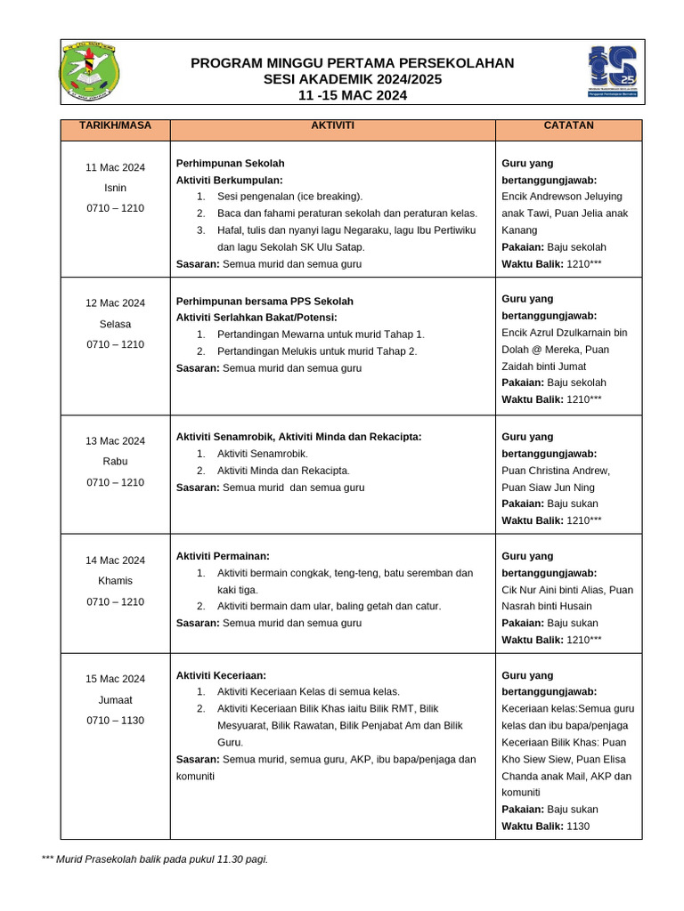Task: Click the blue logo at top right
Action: coord(612,73)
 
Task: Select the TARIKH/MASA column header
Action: coord(115,126)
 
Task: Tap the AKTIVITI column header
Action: coord(332,126)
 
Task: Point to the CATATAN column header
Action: coord(568,126)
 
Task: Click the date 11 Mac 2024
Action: coord(115,167)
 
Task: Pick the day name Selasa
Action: coord(115,324)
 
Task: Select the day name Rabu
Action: coord(115,462)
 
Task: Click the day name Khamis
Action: coord(115,581)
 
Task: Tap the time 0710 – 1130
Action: coord(115,721)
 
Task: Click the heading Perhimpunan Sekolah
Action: coord(231,164)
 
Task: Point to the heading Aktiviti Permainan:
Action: coord(223,556)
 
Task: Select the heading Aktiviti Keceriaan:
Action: coord(221,676)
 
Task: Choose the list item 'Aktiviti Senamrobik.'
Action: coord(262,454)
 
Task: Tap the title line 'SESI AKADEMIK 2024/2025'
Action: coord(352,79)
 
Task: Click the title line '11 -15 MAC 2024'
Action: coord(352,95)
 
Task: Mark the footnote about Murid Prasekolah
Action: coord(154,859)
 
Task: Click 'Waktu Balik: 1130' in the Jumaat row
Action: coord(545,826)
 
